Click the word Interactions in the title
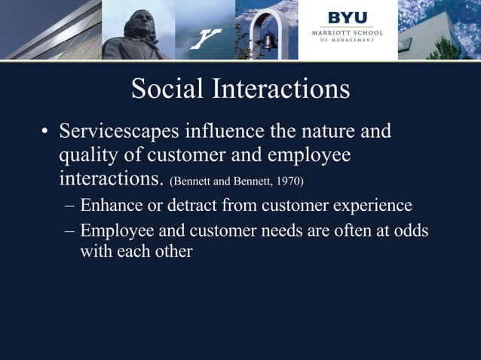[280, 90]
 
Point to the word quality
[88, 157]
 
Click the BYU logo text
[348, 17]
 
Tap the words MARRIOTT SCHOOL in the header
[348, 32]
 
